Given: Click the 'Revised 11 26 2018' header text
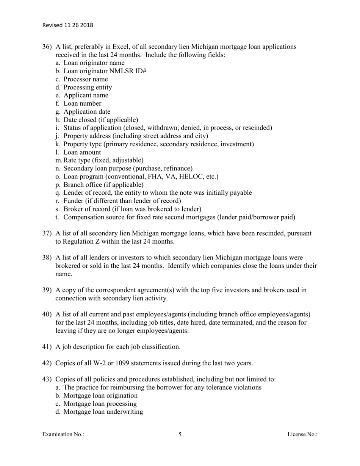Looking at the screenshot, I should (67, 25).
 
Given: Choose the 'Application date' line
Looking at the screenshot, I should (87, 112).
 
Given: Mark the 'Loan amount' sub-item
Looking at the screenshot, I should (82, 152).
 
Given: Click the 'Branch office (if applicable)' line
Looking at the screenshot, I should (103, 185).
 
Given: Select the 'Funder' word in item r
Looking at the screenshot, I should (74, 201).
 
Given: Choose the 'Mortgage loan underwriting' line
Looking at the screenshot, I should (103, 411).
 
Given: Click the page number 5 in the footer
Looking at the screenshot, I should (180, 435).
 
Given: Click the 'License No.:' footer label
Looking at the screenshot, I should (302, 435).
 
